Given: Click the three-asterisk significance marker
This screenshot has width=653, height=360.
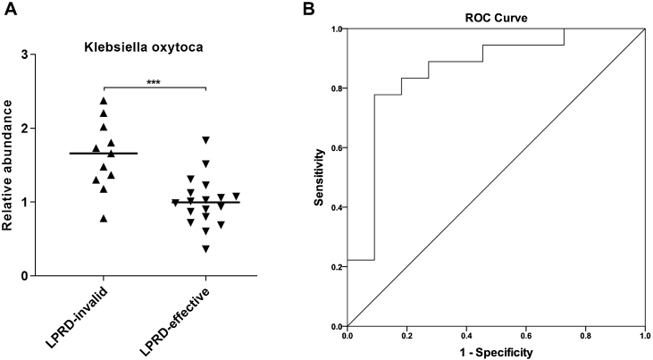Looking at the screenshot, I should click(x=155, y=81).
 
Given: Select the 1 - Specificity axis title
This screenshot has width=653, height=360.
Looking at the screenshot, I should click(x=496, y=352).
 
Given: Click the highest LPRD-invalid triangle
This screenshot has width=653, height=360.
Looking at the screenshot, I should click(x=104, y=100).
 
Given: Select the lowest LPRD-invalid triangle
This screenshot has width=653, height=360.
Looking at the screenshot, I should click(x=104, y=218).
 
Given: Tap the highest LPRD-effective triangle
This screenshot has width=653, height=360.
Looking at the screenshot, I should click(x=206, y=140).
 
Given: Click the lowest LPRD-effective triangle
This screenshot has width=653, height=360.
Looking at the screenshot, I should click(x=206, y=248).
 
